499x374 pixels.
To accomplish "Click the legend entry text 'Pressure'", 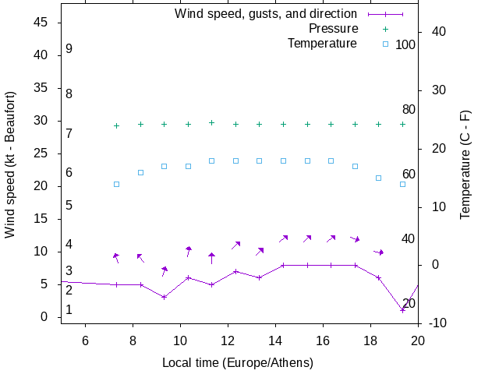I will coord(333,28).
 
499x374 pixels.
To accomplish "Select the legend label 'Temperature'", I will coord(322,43).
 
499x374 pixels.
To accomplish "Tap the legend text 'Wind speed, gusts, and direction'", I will coord(266,13).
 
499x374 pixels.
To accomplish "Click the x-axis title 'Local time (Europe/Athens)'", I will coord(238,362).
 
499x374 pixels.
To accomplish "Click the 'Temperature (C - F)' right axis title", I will coord(465,164).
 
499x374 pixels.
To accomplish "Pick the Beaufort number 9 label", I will coord(69,49).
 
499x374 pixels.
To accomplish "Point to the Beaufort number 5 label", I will coord(69,206).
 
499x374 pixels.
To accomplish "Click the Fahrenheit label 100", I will coord(405,44).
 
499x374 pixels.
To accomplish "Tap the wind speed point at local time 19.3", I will coord(402,310).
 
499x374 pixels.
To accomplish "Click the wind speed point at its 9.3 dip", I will coord(164,297).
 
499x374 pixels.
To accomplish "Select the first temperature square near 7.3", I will coord(116,184).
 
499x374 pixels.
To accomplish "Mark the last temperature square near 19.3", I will coord(402,184).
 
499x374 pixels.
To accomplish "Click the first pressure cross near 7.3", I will coord(116,125).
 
